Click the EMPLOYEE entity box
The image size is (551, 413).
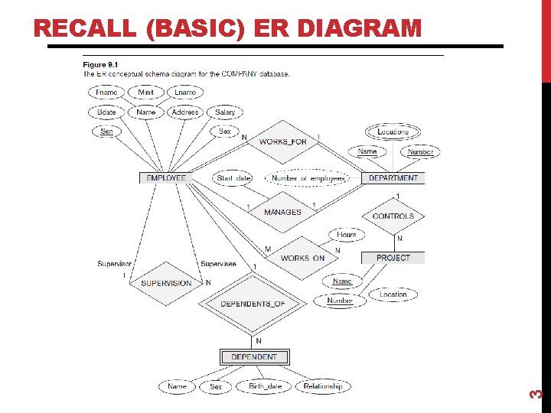point(166,178)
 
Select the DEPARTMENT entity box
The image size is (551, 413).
point(393,178)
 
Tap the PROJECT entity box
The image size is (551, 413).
point(393,258)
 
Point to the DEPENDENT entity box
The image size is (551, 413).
point(254,357)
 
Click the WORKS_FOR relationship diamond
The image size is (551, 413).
point(282,142)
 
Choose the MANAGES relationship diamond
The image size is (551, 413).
point(282,212)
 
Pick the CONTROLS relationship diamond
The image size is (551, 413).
point(393,216)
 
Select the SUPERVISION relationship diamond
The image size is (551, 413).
point(166,283)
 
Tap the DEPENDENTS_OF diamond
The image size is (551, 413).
point(253,304)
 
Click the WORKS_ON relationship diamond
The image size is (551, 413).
point(302,258)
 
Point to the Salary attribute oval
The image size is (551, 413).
point(225,112)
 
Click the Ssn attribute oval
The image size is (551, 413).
point(106,132)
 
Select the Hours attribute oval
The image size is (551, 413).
point(347,235)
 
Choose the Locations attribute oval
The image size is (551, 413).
point(393,132)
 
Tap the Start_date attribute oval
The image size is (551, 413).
point(233,178)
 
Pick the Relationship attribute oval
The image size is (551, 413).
point(322,387)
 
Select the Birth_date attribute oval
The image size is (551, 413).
point(265,387)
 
